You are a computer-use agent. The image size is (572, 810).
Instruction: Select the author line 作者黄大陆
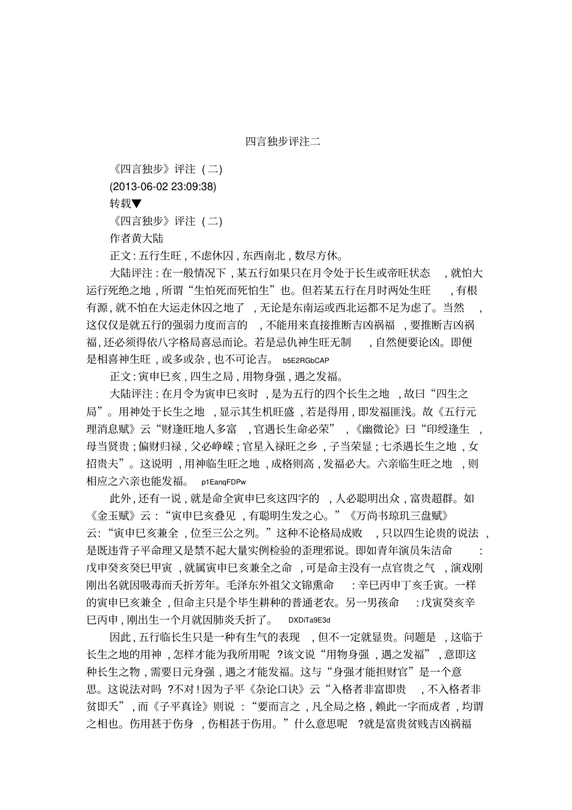[137, 238]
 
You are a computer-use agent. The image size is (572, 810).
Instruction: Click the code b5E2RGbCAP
[306, 360]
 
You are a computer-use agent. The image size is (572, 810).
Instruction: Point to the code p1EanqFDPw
[224, 482]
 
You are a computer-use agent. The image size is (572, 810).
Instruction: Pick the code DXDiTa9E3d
[309, 620]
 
